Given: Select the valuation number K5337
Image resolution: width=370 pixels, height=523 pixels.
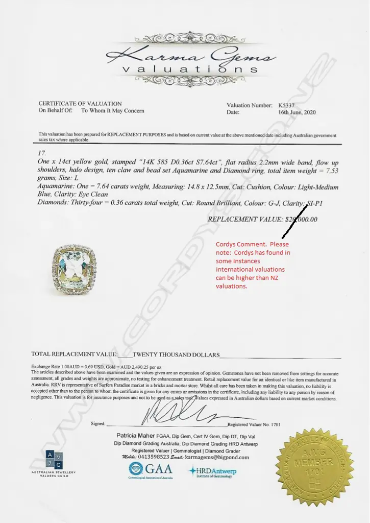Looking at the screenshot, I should point(289,105).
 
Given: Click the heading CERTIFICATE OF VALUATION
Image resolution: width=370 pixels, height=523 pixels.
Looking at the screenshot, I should point(80,104).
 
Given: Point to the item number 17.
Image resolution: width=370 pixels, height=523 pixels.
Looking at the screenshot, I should point(42,153).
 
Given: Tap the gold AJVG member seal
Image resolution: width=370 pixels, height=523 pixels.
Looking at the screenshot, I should point(315,465).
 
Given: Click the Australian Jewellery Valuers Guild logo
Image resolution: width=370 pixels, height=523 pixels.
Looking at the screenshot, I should point(54,462).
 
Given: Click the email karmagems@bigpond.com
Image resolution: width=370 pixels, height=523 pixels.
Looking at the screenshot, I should point(217,458).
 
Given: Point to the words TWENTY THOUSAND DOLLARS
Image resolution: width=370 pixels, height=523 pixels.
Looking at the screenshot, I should point(176,354).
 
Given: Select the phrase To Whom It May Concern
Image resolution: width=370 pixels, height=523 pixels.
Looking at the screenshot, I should point(113,111).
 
